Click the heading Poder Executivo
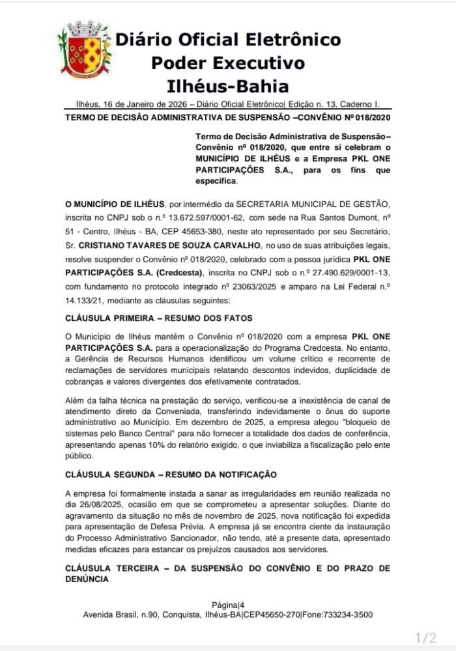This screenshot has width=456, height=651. click(227, 63)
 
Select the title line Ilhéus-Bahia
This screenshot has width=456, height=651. click(227, 86)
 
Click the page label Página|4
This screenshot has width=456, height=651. click(227, 604)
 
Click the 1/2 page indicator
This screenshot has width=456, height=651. click(426, 637)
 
